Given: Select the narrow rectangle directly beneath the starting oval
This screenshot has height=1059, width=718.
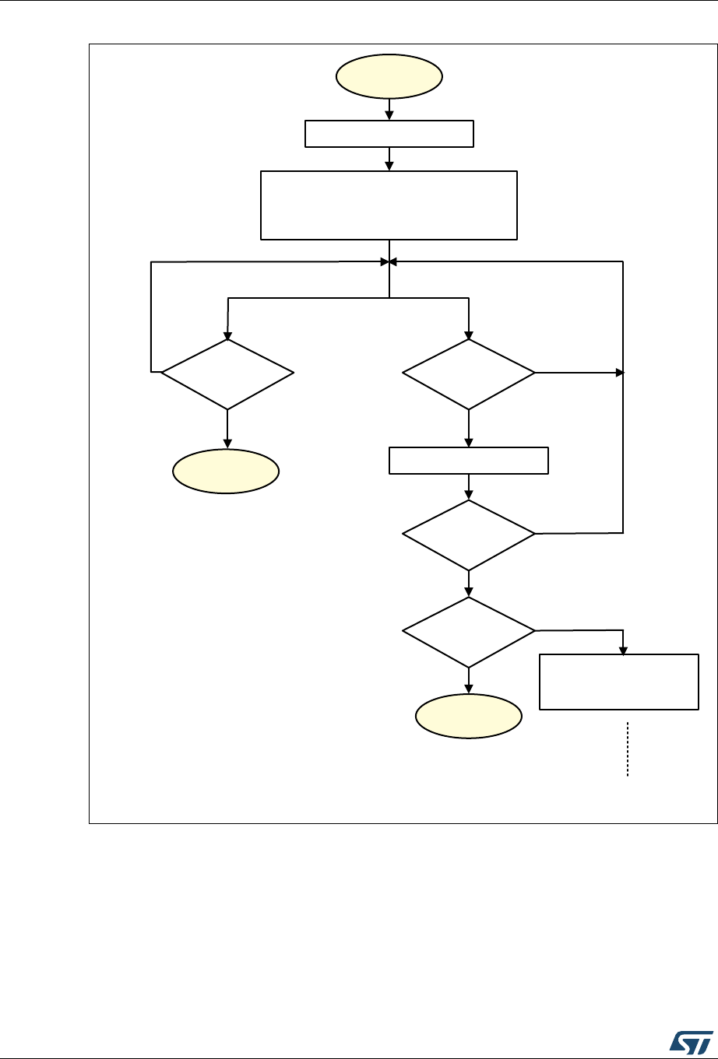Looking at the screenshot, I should pyautogui.click(x=389, y=134).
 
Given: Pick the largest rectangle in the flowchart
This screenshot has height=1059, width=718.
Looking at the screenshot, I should pyautogui.click(x=389, y=205).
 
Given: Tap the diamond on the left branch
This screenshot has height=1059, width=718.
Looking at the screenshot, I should pyautogui.click(x=227, y=374).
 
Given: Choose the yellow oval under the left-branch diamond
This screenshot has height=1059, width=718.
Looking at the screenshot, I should pyautogui.click(x=226, y=472).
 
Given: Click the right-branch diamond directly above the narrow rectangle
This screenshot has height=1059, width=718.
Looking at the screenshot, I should pyautogui.click(x=469, y=374).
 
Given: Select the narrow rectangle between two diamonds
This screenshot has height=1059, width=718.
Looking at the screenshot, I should pyautogui.click(x=469, y=461).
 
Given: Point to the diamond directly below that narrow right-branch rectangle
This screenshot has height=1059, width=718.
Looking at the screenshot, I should pyautogui.click(x=469, y=535).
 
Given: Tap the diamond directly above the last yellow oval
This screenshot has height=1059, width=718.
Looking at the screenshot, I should pyautogui.click(x=469, y=632).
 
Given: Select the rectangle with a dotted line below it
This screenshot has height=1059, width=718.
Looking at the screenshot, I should pyautogui.click(x=619, y=682).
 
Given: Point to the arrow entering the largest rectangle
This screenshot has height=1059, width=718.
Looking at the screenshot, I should pyautogui.click(x=389, y=160).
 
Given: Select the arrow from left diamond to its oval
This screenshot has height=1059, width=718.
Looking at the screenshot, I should pyautogui.click(x=227, y=430).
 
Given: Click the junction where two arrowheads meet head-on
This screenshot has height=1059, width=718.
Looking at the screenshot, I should pyautogui.click(x=389, y=261).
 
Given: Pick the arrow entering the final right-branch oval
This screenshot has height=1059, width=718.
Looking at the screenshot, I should pyautogui.click(x=469, y=681).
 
